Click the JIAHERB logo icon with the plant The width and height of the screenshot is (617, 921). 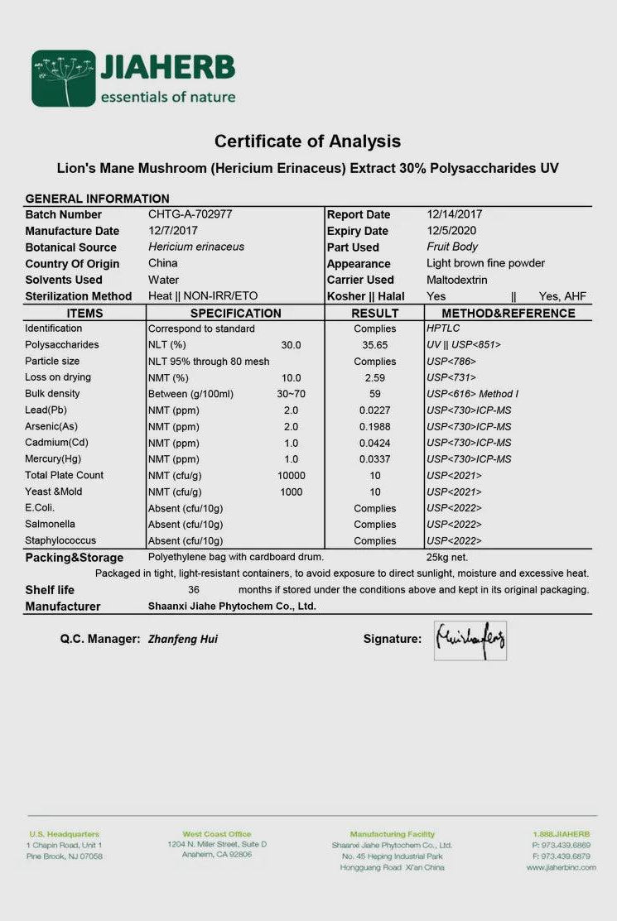[64, 79]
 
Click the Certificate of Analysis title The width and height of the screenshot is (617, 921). [307, 142]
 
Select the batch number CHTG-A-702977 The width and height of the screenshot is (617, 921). [190, 214]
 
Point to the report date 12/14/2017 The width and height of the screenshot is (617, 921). [455, 214]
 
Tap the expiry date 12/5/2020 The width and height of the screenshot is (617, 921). [451, 231]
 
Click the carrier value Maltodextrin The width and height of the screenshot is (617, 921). [457, 280]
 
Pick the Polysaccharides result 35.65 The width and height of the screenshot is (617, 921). [375, 345]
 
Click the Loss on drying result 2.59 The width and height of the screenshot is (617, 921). [375, 377]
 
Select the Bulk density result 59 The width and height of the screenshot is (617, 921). [375, 394]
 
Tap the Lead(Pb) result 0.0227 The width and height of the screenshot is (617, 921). [375, 410]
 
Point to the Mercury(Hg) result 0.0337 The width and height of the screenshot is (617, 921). [375, 459]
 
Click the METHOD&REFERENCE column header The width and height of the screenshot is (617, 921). [508, 314]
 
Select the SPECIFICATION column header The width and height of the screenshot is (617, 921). [235, 314]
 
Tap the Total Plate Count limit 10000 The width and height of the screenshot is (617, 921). [292, 475]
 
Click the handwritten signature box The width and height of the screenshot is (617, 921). [470, 640]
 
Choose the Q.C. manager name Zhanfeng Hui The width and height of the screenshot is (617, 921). [183, 639]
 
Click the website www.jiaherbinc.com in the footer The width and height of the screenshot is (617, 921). [561, 867]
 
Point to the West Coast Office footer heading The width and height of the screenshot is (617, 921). [216, 834]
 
